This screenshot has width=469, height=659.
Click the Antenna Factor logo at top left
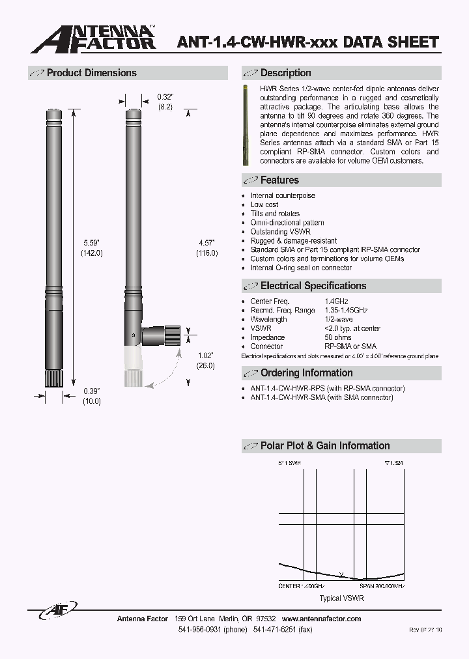94,38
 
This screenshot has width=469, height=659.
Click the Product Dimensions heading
91,73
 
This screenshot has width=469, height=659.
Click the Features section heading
279,180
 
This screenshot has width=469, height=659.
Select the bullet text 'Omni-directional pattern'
287,223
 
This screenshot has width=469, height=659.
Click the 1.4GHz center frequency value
336,301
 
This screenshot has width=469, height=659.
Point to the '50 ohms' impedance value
337,337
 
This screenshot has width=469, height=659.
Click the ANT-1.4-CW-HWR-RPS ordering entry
327,388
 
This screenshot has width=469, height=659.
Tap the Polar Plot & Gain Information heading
324,445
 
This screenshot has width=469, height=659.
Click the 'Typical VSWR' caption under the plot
341,598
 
